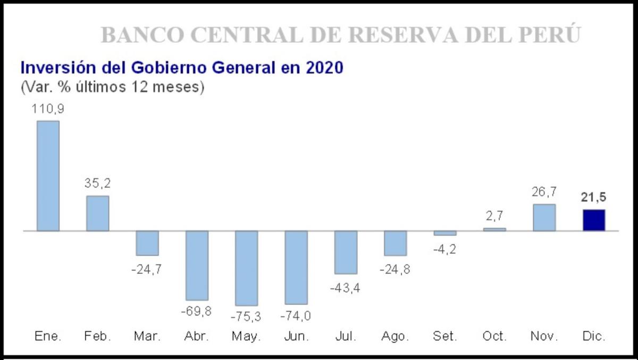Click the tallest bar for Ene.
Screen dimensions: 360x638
pos(48,175)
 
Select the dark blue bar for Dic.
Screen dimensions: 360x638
pos(594,220)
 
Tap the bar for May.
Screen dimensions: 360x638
pos(246,268)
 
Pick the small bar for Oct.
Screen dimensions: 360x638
pos(494,229)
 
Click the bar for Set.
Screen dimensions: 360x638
pos(445,233)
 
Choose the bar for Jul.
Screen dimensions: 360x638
pos(346,252)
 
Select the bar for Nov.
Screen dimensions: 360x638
pos(544,217)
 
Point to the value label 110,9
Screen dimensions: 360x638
pos(48,108)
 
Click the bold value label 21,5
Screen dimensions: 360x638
pos(594,197)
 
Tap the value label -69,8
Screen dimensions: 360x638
pos(196,311)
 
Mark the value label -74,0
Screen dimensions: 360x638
pos(296,315)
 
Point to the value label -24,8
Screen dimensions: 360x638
pos(396,269)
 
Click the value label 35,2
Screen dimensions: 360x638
pos(97,183)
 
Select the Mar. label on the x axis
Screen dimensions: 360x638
pos(147,337)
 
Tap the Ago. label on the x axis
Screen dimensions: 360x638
pos(396,337)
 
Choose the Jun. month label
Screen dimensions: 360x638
pos(296,337)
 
